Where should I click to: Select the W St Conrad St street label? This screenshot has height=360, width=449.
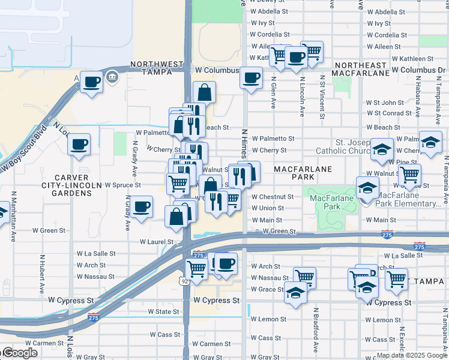click(x=393, y=113)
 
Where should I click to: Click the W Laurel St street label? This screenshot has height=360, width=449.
click(x=157, y=242)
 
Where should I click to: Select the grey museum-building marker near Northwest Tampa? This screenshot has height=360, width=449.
click(x=112, y=77)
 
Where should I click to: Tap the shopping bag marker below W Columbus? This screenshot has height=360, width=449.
click(x=204, y=93)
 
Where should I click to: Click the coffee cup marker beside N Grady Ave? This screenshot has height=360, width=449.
click(x=141, y=208)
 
